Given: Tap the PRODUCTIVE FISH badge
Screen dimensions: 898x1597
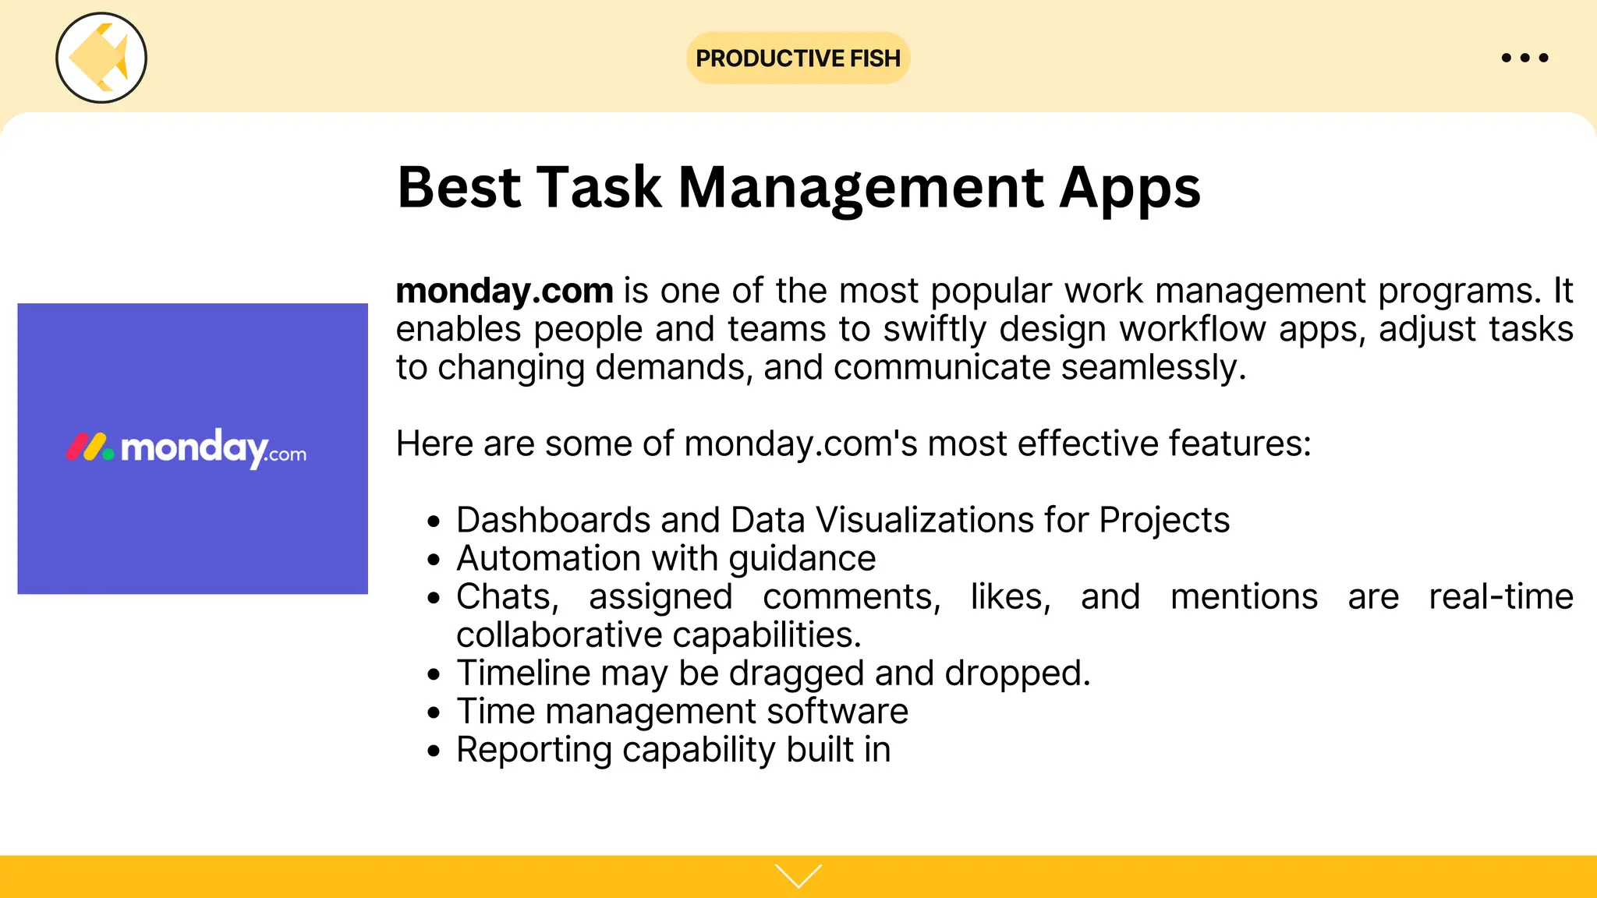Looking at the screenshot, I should click(x=798, y=58).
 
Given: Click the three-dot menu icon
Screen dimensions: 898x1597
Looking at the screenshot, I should click(x=1524, y=58).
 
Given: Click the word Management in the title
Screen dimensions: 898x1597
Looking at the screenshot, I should click(x=861, y=188).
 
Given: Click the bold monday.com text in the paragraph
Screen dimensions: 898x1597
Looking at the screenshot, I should click(x=505, y=291).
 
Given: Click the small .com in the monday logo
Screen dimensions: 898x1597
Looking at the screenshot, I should click(x=286, y=454).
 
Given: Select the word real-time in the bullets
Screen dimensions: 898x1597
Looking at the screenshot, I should click(x=1500, y=597).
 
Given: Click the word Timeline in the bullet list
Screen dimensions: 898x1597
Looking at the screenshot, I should click(x=523, y=673).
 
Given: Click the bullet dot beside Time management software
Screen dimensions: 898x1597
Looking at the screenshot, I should click(x=434, y=712).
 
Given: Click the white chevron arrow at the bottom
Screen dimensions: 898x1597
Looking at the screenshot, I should click(x=798, y=875).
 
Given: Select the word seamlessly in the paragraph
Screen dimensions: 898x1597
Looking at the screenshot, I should click(x=1152, y=367).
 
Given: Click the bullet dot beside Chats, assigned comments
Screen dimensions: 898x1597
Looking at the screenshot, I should click(x=434, y=598).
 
